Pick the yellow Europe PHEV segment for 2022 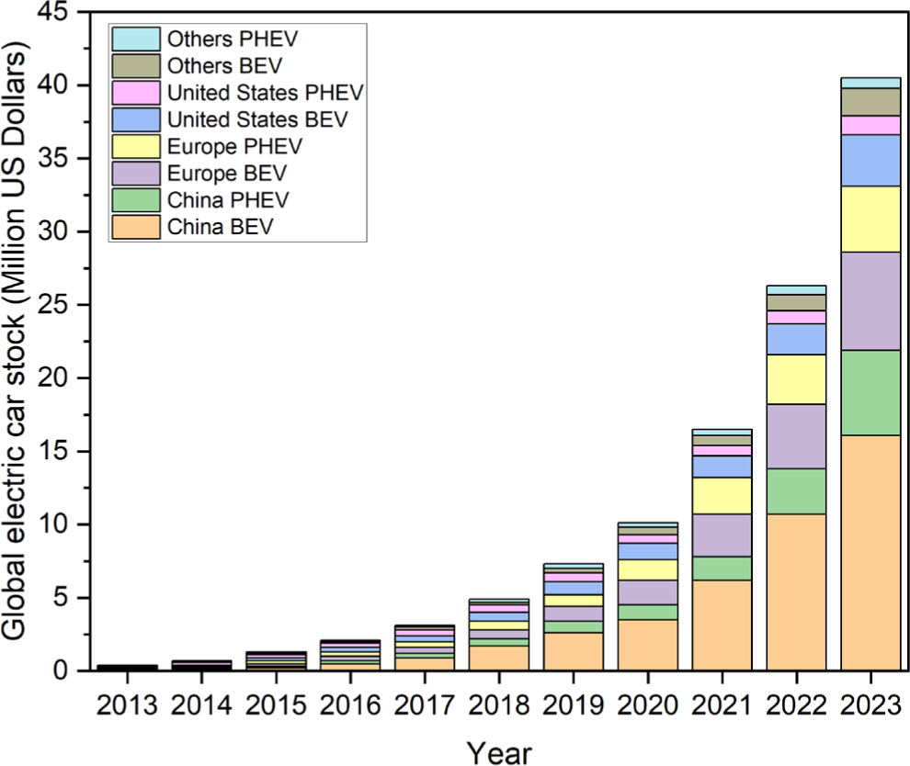[x=796, y=379]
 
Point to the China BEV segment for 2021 [x=722, y=625]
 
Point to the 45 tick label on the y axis [x=51, y=12]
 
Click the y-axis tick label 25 [x=51, y=305]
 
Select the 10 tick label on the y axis [x=51, y=524]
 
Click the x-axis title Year [x=498, y=751]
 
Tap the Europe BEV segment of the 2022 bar [x=796, y=436]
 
